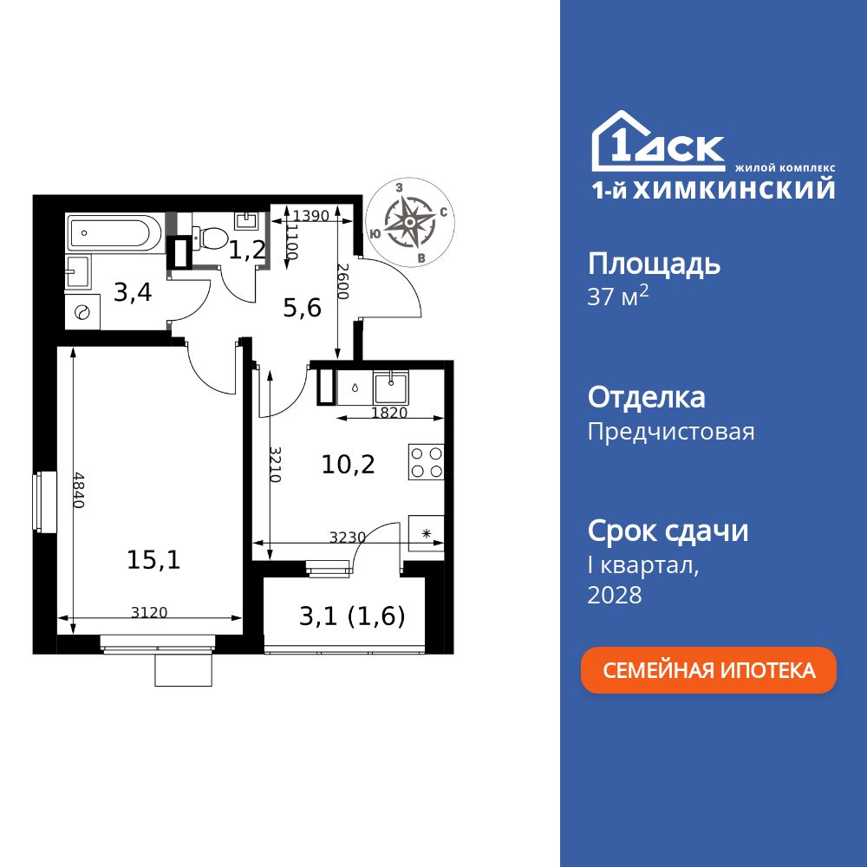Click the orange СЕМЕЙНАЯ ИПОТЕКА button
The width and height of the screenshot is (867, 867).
(x=708, y=670)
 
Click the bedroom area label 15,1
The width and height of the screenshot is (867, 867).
(x=153, y=560)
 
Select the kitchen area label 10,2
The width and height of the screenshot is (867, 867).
(x=348, y=465)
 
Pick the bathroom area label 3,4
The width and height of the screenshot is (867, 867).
(x=133, y=292)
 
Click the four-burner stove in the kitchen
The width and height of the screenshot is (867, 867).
(x=427, y=462)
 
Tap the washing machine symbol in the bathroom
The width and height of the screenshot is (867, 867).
(x=83, y=313)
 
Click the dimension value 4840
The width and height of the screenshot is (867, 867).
(x=79, y=490)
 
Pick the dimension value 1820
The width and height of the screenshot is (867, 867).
(x=388, y=413)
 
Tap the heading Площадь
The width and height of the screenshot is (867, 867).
(x=654, y=264)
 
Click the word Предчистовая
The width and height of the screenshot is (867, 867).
(x=671, y=432)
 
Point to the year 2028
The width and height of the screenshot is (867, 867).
(x=615, y=595)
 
